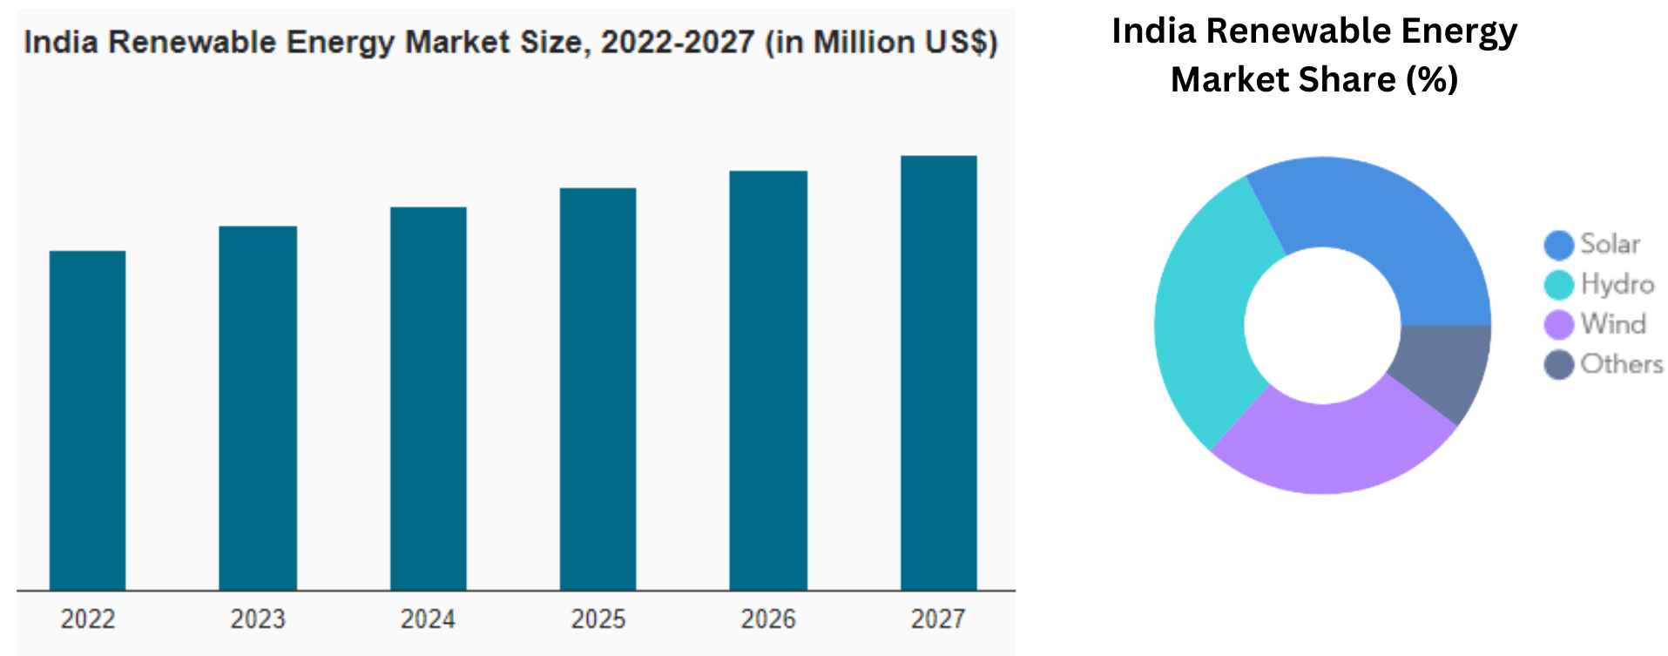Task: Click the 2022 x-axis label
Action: (x=87, y=619)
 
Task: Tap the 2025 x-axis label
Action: (x=598, y=619)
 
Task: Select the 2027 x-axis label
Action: (x=938, y=619)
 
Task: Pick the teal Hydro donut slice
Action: (x=1206, y=314)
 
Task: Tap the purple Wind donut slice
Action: (x=1333, y=444)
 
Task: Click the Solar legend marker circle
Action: (x=1558, y=245)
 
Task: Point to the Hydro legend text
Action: (x=1617, y=284)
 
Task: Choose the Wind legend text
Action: (x=1613, y=324)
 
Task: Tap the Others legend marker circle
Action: (x=1558, y=365)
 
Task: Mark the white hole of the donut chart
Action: (x=1322, y=325)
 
